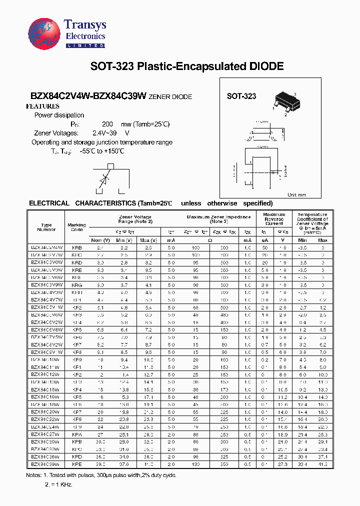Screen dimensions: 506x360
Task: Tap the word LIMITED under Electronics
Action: [85, 45]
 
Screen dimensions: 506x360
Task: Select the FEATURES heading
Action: [42, 106]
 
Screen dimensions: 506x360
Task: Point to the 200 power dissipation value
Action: [107, 124]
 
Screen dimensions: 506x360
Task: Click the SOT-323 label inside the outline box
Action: [241, 96]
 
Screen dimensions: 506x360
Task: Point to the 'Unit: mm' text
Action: [296, 194]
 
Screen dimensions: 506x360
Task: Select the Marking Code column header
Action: [76, 227]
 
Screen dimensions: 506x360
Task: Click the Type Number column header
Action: [46, 227]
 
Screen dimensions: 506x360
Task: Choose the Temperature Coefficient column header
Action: [312, 223]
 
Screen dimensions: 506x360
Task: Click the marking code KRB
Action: [77, 248]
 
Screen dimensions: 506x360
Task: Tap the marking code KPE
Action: [77, 464]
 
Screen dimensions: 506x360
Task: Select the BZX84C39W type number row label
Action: [47, 464]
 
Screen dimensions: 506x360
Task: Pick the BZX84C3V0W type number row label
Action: [47, 262]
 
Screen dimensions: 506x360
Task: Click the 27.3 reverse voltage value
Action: [282, 464]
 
